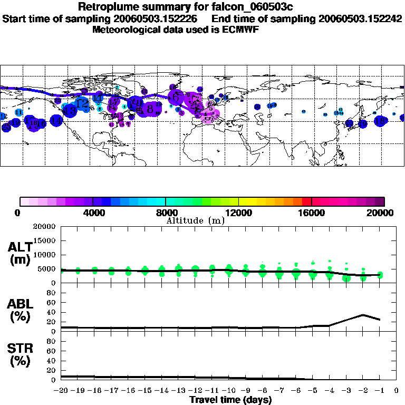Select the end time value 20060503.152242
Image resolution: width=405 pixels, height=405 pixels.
tap(360, 18)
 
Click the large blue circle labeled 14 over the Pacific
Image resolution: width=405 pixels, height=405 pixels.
tap(56, 120)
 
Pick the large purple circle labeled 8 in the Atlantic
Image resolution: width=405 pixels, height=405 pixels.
tap(150, 109)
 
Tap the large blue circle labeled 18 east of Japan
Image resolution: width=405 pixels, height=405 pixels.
tap(380, 121)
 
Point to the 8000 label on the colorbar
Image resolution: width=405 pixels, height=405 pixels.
tap(166, 213)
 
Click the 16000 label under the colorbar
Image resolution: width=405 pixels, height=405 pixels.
tap(312, 213)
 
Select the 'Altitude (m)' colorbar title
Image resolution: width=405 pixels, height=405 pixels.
tap(195, 220)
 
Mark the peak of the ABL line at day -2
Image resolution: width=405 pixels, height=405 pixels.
tap(363, 315)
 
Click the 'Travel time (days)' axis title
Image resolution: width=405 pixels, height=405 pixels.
tap(230, 400)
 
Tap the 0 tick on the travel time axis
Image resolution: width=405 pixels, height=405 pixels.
tap(397, 391)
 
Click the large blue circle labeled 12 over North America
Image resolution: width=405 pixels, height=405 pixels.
tap(82, 103)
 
